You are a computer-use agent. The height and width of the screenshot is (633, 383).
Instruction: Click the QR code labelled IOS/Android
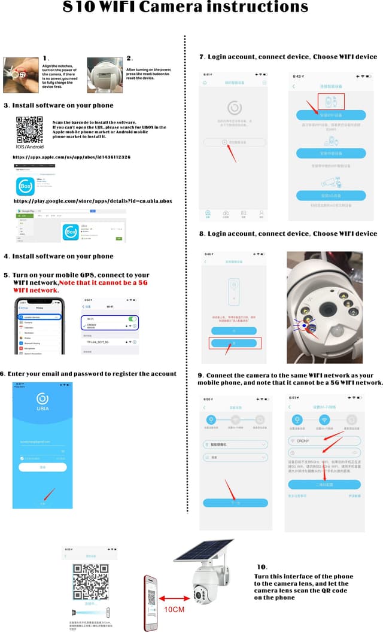pos(29,129)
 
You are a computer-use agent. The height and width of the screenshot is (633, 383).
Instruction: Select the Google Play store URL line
pos(92,201)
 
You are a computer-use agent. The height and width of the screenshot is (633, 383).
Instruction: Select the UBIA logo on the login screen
pos(42,398)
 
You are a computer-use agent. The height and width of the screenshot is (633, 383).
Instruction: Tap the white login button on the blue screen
pos(42,467)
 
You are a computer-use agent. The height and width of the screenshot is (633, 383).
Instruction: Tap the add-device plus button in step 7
pos(224,142)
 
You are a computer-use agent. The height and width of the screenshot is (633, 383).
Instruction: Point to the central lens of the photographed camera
pos(327,309)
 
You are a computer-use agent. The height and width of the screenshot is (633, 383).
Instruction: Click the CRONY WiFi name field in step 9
pos(324,441)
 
